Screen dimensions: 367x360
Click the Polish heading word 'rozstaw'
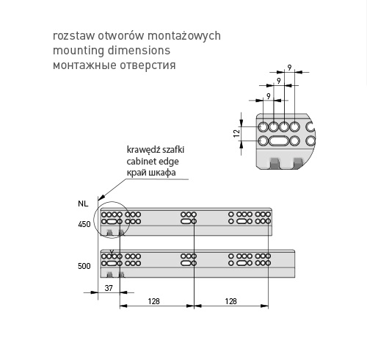(73, 36)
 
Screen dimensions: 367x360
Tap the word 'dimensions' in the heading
(139, 50)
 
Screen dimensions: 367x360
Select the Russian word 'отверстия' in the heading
(148, 65)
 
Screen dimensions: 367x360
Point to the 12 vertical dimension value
(236, 134)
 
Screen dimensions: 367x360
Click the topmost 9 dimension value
(290, 68)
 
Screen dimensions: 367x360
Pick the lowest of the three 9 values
(269, 96)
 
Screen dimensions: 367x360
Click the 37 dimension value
(109, 288)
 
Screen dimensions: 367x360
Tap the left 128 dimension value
(153, 301)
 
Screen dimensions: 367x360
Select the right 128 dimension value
(230, 301)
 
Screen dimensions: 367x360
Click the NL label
(83, 204)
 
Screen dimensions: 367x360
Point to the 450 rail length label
(84, 224)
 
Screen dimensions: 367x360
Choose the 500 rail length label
(84, 266)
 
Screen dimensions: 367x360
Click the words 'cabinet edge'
(153, 162)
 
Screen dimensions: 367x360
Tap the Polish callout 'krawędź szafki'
(156, 150)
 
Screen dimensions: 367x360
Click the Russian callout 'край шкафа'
(151, 173)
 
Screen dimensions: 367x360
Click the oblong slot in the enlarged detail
(278, 141)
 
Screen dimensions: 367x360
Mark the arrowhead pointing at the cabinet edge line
(102, 198)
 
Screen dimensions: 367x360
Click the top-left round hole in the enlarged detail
(264, 127)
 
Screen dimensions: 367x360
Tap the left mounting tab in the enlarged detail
(275, 163)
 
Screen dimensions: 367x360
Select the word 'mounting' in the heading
(79, 51)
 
